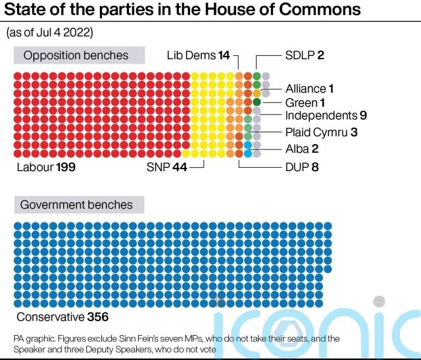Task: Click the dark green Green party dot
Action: [x=257, y=102]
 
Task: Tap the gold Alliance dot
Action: [x=257, y=93]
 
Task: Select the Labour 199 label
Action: [x=46, y=167]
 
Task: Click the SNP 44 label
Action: [x=167, y=167]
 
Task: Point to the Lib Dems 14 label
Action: [x=198, y=56]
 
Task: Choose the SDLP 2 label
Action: [x=305, y=56]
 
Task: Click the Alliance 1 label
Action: [x=310, y=88]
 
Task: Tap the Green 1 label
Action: [x=305, y=103]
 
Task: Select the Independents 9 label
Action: [x=326, y=116]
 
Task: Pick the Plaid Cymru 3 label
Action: [x=321, y=132]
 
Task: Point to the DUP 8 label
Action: [x=302, y=167]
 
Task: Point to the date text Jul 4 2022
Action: [x=65, y=32]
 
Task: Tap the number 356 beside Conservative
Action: [x=97, y=317]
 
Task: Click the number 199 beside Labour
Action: [x=65, y=167]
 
